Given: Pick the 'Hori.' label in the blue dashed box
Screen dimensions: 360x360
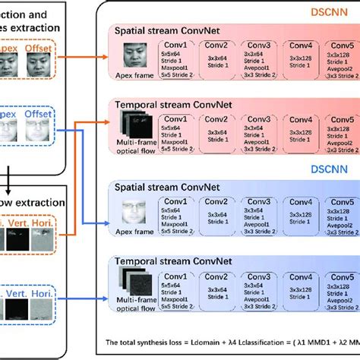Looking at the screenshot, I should coord(47,289).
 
